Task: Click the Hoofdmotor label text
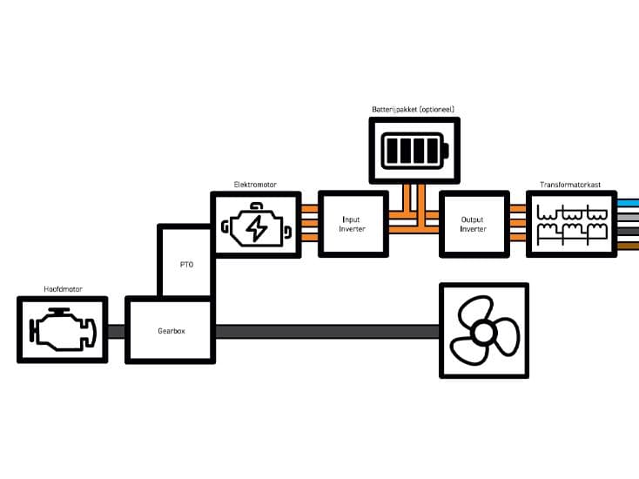64,289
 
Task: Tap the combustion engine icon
63,329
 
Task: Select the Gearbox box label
172,331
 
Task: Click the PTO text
186,265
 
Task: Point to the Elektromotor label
255,185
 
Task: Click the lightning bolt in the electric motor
257,228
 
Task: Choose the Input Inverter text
352,224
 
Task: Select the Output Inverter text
473,224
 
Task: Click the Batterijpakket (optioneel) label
413,109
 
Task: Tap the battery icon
415,151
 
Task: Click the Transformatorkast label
570,185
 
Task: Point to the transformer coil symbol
572,225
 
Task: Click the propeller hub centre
484,333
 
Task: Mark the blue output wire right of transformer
628,203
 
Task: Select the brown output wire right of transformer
628,246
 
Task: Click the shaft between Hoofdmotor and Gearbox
116,332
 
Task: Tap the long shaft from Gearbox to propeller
327,332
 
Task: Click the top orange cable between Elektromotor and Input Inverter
310,209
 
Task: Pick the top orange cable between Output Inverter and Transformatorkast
518,209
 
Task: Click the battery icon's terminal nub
446,151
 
